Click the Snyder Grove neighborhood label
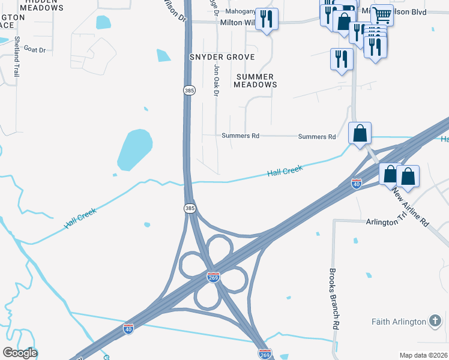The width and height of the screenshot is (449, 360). click(x=222, y=57)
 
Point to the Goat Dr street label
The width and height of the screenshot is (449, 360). click(x=34, y=50)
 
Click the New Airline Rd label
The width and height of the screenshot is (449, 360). click(x=411, y=207)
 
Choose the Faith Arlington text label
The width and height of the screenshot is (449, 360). click(x=399, y=322)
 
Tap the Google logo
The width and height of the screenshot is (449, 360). click(x=20, y=353)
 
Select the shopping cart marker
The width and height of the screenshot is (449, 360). click(x=382, y=14)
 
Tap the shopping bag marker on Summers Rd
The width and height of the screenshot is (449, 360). click(x=360, y=133)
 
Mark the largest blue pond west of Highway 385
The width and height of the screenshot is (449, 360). click(x=134, y=149)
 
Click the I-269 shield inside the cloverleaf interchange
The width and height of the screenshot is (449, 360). click(x=212, y=277)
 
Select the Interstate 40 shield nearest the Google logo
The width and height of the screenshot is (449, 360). click(x=128, y=328)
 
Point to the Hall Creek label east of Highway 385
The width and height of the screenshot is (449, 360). click(x=285, y=172)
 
